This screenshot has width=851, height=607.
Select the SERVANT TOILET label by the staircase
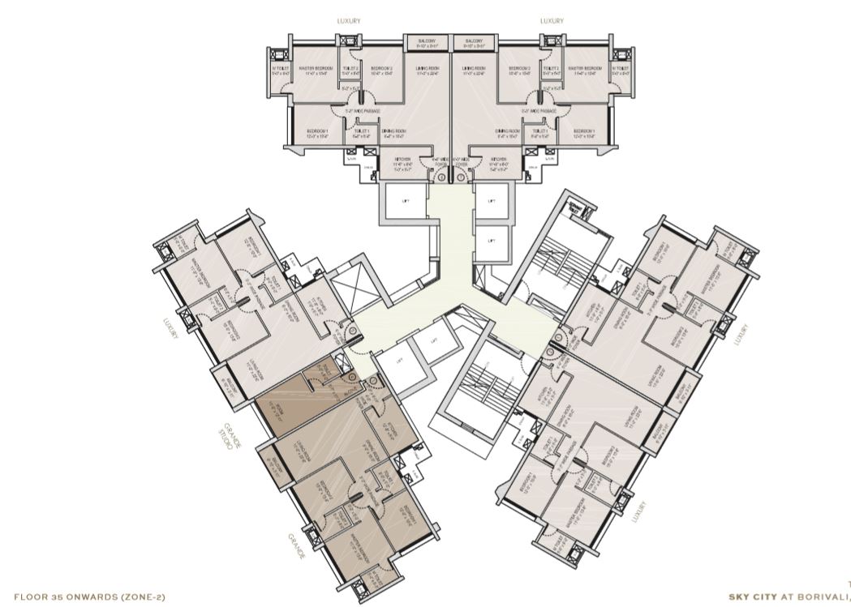[575, 207]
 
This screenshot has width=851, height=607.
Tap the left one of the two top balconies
[428, 42]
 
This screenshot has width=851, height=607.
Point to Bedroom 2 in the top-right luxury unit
[520, 71]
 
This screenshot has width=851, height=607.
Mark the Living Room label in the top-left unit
[428, 71]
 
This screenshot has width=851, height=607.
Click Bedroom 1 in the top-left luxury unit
[317, 132]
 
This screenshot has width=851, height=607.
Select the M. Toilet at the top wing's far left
[280, 71]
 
